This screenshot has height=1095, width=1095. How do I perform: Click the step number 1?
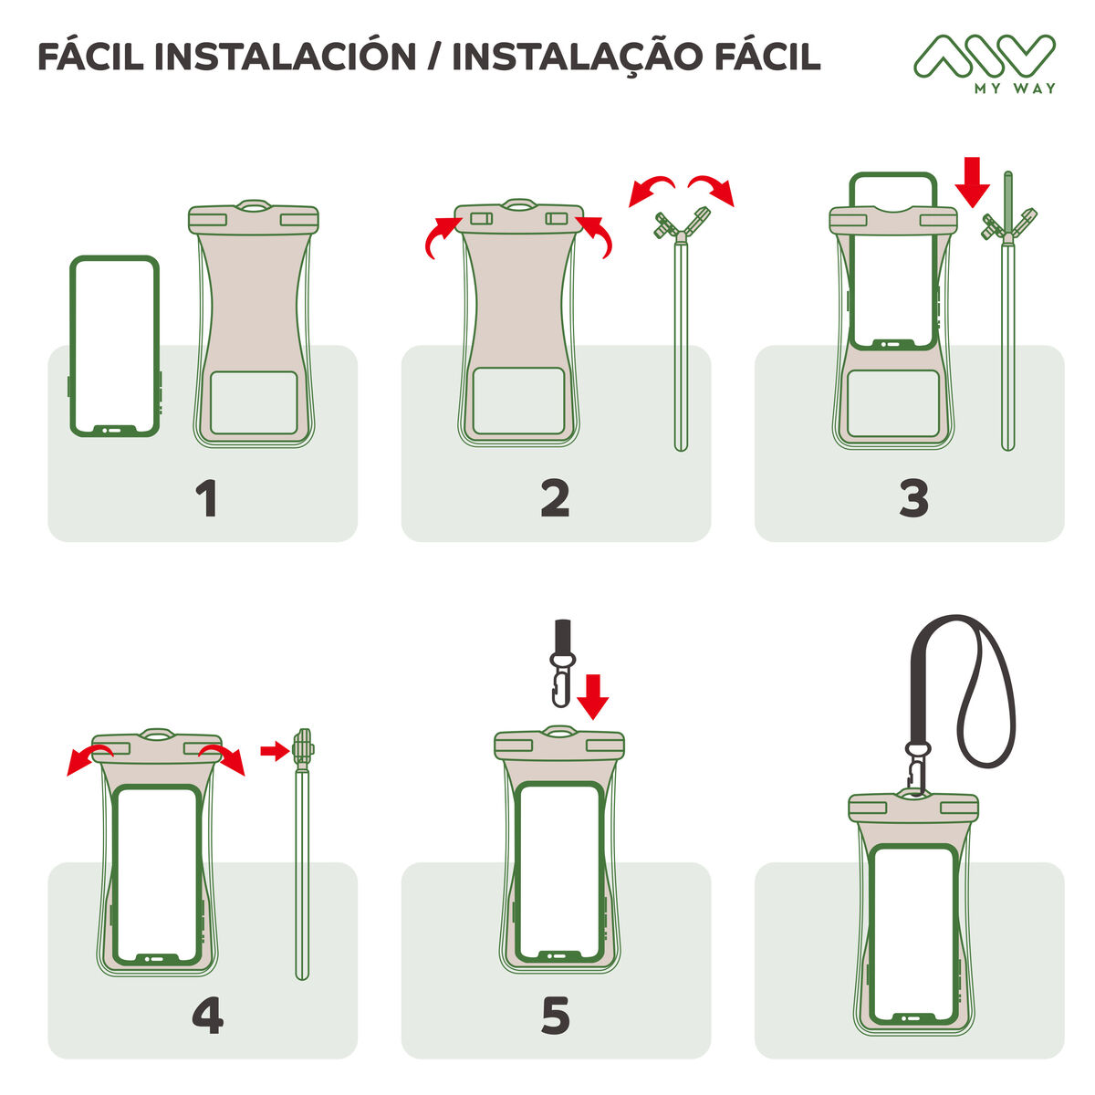(207, 499)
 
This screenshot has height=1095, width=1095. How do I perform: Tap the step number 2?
(555, 499)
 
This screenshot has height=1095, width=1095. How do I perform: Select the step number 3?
(913, 499)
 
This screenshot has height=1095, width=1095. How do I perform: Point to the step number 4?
(208, 1017)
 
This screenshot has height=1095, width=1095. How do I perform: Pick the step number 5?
(555, 1017)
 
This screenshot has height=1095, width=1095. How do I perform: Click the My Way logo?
(985, 63)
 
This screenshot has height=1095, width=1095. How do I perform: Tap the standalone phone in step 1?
(115, 346)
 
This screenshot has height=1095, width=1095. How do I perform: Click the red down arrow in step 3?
(973, 181)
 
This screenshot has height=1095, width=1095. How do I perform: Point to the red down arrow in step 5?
(594, 696)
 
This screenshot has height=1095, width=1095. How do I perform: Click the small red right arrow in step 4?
(272, 751)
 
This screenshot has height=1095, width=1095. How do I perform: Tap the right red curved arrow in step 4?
(224, 756)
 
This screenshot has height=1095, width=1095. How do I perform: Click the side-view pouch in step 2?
(681, 338)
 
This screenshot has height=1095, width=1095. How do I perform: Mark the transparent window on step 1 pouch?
(255, 401)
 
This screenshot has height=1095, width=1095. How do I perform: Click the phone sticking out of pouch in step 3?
(893, 260)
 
